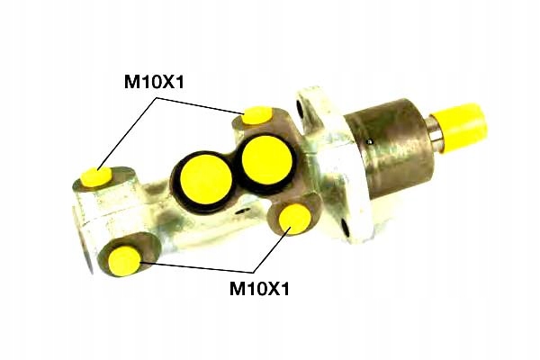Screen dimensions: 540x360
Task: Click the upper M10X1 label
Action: tap(154, 82)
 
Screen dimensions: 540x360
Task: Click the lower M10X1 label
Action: tap(260, 289)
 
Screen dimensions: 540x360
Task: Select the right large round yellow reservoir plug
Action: tap(267, 160)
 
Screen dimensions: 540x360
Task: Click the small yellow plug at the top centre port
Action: tap(256, 115)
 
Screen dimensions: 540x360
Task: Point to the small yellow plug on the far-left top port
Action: tap(96, 176)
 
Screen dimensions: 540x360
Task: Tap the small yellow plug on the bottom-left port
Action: tap(124, 261)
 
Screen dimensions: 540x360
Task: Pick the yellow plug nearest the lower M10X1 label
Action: tap(295, 219)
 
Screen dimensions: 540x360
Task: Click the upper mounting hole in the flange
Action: tap(301, 109)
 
